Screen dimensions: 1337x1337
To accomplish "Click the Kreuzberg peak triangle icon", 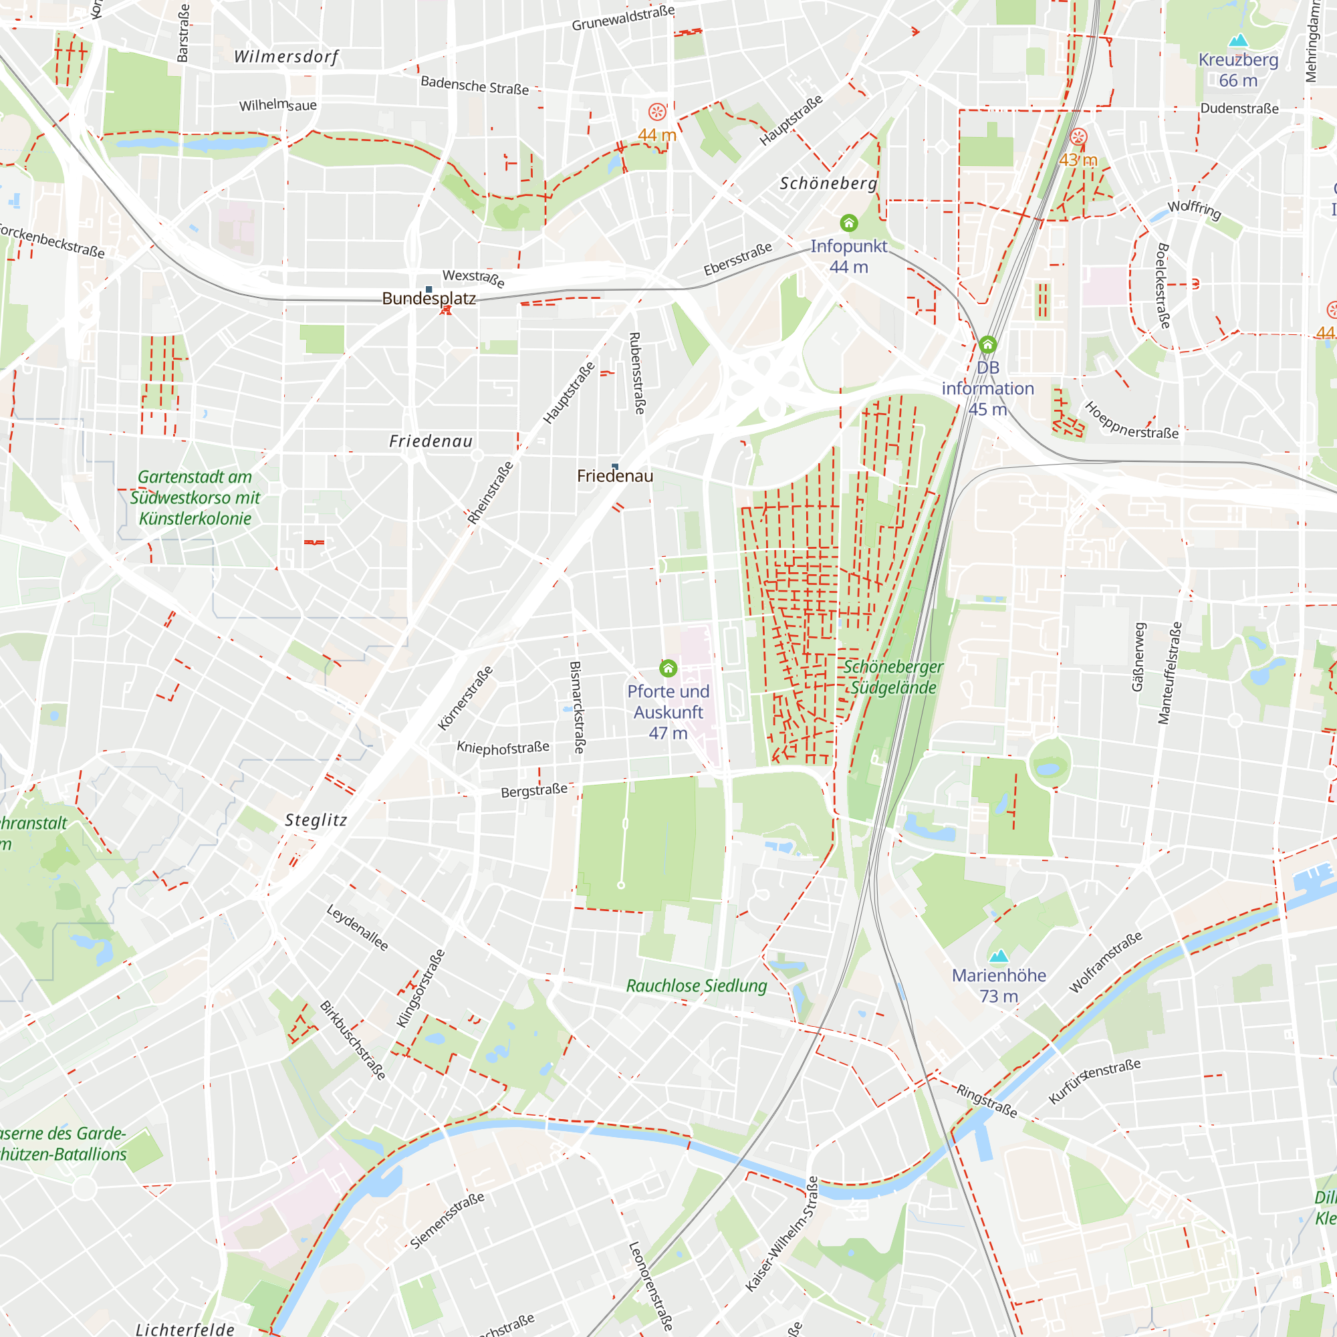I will click(1238, 40).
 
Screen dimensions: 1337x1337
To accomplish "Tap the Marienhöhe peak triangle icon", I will click(999, 957).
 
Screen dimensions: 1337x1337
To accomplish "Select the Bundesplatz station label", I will click(429, 298).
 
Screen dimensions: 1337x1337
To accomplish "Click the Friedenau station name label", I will click(614, 475).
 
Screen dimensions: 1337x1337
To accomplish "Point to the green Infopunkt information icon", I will click(849, 223).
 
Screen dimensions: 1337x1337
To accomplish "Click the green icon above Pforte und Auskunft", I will click(668, 668).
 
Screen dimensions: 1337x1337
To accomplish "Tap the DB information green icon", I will click(987, 344).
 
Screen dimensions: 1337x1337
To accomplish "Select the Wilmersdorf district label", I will click(287, 57).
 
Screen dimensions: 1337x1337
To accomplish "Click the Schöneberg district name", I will click(828, 183).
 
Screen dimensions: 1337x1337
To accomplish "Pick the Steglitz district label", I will click(316, 820).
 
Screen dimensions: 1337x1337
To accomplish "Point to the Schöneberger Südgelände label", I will click(892, 677).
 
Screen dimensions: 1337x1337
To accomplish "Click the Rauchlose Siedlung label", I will click(696, 985).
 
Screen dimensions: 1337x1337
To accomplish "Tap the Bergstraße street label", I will click(534, 790).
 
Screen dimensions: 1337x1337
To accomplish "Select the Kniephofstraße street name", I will click(503, 747).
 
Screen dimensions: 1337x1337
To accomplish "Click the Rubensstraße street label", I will click(635, 373).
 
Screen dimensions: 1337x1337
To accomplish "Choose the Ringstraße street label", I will click(987, 1100).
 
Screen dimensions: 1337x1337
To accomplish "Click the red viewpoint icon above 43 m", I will click(1078, 136).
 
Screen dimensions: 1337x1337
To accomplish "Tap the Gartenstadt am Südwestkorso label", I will click(195, 497).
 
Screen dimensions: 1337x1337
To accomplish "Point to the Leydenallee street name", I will click(357, 927).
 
